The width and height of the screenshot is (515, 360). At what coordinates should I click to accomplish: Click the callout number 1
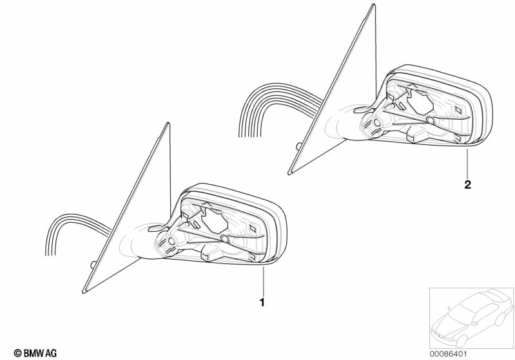[262, 302]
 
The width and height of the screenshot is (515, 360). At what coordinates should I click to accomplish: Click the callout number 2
[468, 184]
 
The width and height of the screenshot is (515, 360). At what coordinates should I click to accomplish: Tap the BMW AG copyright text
[35, 353]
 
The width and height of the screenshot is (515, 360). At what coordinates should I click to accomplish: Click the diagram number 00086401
[448, 354]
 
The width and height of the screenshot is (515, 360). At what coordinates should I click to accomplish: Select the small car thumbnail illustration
[472, 318]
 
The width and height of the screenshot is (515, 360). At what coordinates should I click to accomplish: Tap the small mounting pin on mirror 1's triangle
[93, 264]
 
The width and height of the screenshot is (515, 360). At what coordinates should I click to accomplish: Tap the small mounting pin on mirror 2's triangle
[299, 146]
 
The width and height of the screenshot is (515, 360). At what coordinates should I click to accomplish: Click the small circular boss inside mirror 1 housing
[225, 238]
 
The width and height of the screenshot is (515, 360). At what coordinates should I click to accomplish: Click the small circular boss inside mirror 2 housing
[431, 120]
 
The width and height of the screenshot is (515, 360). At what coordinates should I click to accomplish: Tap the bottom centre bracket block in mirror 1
[210, 253]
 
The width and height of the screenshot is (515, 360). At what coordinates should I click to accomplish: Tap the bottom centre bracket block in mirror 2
[416, 135]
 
